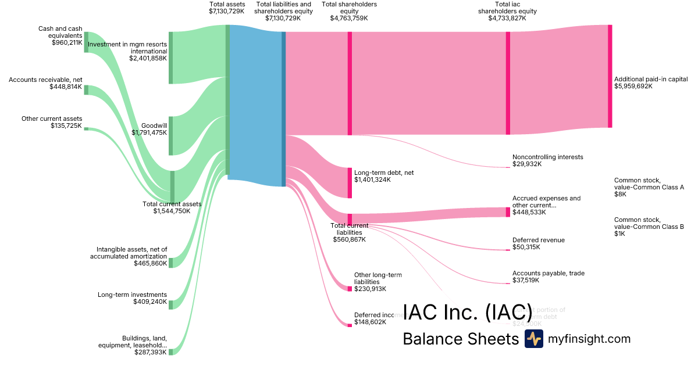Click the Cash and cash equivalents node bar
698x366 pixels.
[86, 42]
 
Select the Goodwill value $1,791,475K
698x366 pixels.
[149, 132]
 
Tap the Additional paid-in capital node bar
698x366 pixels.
[610, 76]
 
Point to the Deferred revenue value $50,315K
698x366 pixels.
[526, 247]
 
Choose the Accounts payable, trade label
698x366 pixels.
[549, 273]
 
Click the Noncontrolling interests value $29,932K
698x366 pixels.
[527, 164]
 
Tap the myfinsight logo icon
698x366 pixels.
[533, 339]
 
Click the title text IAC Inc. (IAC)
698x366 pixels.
[467, 312]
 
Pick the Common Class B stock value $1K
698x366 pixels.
[620, 234]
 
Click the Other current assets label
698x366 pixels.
[52, 119]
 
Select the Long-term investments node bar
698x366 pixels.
[170, 305]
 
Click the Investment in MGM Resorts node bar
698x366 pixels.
[170, 58]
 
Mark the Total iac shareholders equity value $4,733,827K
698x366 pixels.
[507, 18]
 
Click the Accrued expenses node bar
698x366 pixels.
[507, 212]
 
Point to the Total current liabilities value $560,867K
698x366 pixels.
[349, 239]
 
